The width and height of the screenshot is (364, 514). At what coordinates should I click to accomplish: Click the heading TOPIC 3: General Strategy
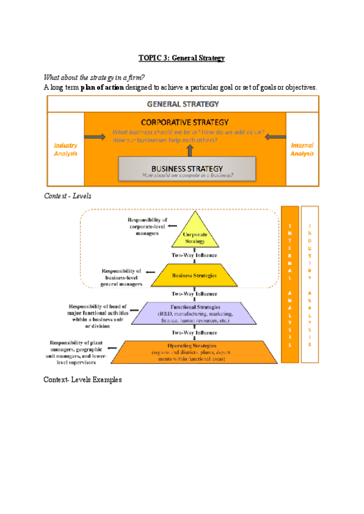pos(181,58)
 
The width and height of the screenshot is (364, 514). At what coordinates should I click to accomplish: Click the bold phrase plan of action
pos(103,88)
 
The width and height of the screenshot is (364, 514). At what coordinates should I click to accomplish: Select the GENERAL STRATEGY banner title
pos(183,104)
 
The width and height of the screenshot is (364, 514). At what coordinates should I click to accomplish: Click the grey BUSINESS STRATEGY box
pos(186,169)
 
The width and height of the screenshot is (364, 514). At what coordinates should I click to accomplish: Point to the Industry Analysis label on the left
pos(66,150)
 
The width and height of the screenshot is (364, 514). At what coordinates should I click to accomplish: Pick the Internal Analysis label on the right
pos(302,150)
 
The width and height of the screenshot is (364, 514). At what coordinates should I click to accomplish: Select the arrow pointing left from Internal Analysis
pos(275,136)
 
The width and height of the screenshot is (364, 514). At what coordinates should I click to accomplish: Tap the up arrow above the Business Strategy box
pos(189,149)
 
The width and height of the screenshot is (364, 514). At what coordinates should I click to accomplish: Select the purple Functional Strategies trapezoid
pos(195,313)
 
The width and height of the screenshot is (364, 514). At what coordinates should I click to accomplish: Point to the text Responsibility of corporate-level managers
pos(147,225)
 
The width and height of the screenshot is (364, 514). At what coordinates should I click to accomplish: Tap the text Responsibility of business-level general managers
pos(121,277)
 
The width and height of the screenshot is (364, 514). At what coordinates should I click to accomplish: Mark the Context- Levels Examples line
pos(83,379)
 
